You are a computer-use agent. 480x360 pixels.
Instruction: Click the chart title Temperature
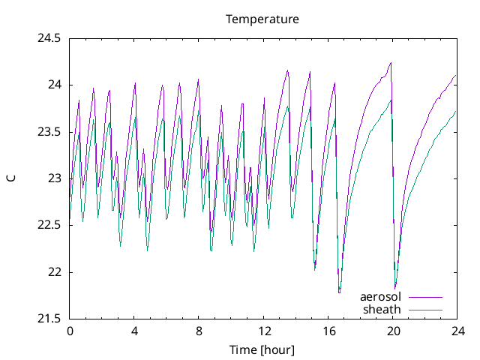(x=262, y=19)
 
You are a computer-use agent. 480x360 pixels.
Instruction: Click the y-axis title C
(x=10, y=178)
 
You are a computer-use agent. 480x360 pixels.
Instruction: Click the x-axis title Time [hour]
(x=262, y=349)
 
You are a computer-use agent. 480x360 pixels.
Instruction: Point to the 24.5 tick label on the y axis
(x=49, y=37)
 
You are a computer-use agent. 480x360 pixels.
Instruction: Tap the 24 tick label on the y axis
(x=54, y=85)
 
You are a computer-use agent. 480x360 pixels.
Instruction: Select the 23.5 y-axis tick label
(x=49, y=132)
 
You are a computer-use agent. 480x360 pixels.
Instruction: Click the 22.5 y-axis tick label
(x=49, y=226)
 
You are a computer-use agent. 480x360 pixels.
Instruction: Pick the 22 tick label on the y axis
(x=54, y=272)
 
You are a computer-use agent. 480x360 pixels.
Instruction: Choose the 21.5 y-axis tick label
(x=49, y=319)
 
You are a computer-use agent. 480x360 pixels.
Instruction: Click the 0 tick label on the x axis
(x=70, y=331)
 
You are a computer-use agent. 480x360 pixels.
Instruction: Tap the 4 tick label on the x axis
(x=134, y=331)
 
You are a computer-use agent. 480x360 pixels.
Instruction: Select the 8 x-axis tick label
(x=199, y=331)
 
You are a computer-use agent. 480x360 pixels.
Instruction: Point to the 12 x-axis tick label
(x=263, y=331)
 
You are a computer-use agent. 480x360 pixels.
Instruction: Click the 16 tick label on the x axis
(x=328, y=331)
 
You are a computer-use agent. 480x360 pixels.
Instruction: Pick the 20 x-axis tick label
(x=392, y=331)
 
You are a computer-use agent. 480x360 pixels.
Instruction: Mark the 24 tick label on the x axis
(x=457, y=331)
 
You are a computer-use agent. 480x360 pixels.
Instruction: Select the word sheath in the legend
(x=382, y=309)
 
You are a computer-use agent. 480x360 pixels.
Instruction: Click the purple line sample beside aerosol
(x=424, y=298)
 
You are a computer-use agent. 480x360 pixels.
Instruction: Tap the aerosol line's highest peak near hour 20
(x=391, y=63)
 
